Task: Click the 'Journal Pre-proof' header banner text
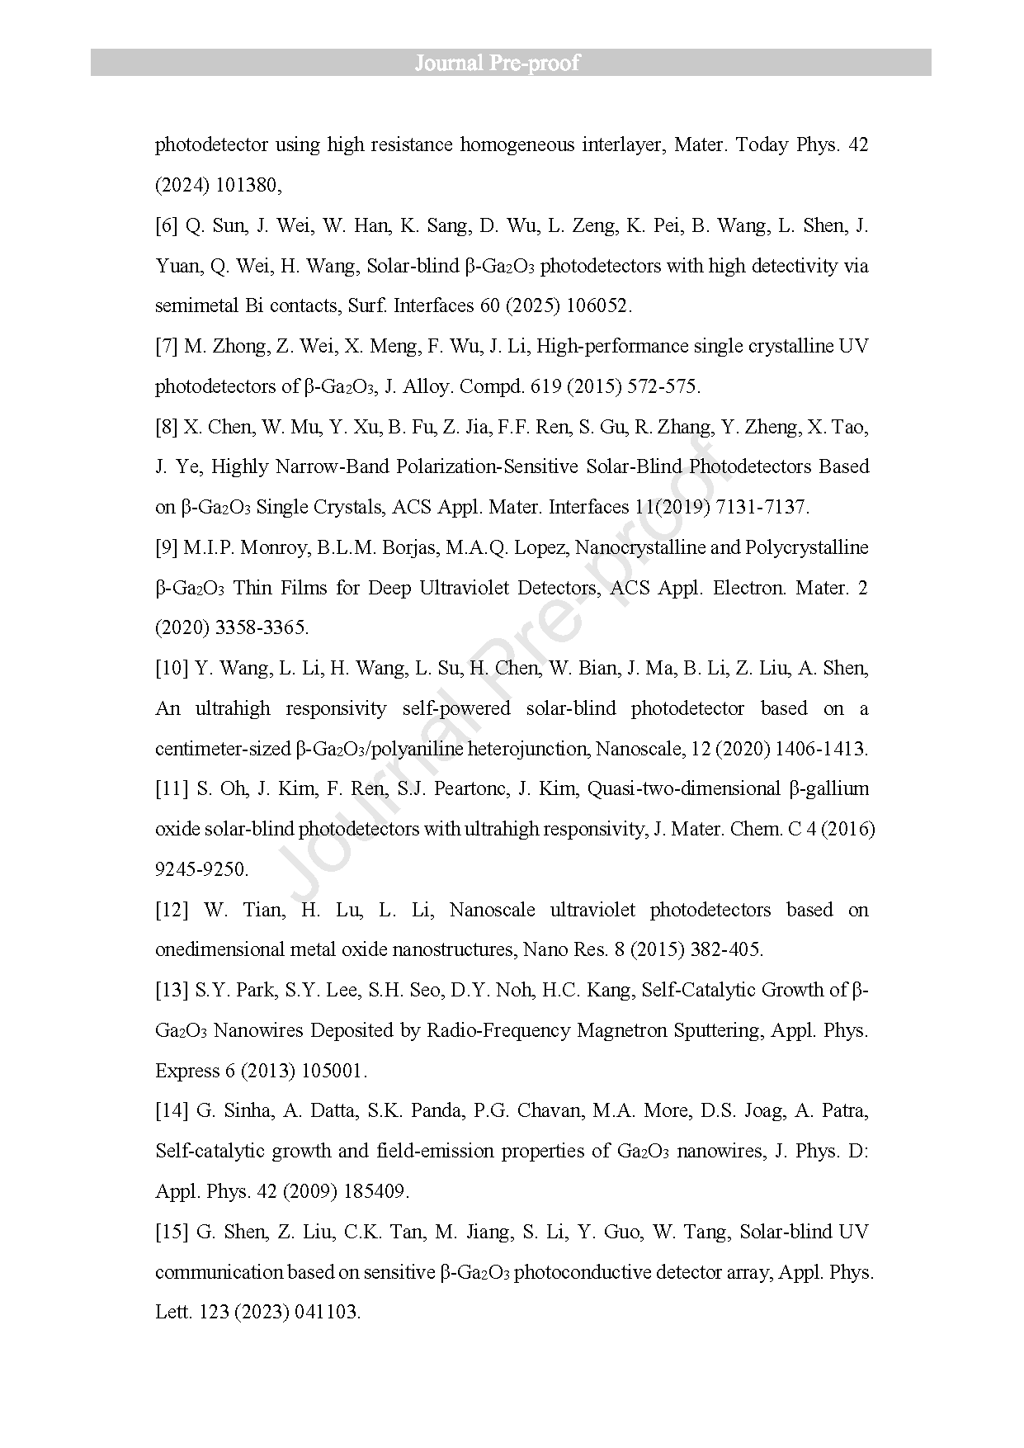[x=497, y=63]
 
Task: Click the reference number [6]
[x=167, y=226]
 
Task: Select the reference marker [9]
[x=167, y=548]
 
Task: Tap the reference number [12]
[x=172, y=911]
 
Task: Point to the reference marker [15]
[x=172, y=1233]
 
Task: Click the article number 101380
[x=248, y=186]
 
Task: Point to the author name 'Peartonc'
[x=470, y=789]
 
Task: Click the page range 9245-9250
[x=201, y=870]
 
